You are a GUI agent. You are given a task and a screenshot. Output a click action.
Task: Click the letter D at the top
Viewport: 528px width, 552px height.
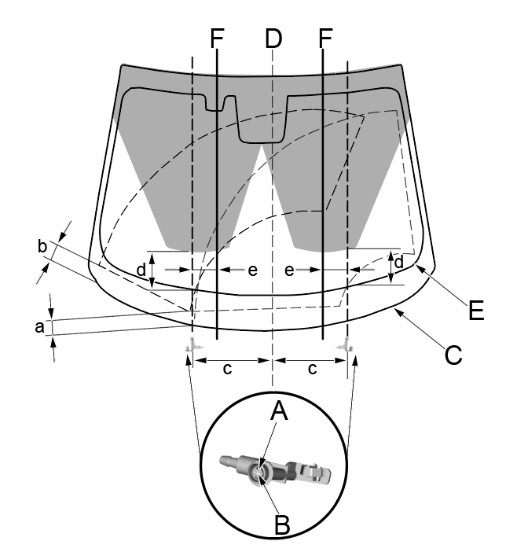pyautogui.click(x=273, y=37)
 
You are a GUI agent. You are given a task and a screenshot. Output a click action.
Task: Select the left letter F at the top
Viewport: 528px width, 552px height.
pyautogui.click(x=218, y=37)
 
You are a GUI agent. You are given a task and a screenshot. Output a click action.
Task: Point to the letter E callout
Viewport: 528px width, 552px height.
pyautogui.click(x=474, y=310)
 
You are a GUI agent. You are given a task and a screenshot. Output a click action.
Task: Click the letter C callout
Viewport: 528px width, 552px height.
pyautogui.click(x=453, y=355)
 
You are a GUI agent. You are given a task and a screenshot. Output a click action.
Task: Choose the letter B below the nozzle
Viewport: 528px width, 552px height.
pyautogui.click(x=280, y=524)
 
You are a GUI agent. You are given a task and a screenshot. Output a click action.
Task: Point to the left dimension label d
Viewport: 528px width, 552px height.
pyautogui.click(x=141, y=269)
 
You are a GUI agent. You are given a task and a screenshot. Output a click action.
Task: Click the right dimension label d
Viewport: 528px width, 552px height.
pyautogui.click(x=399, y=260)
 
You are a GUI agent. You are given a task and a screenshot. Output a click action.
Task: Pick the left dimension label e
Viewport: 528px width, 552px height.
pyautogui.click(x=252, y=270)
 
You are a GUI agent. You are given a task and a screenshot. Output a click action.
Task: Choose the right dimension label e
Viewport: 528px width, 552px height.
pyautogui.click(x=290, y=270)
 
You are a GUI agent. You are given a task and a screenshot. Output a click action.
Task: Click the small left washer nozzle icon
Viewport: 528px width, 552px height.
pyautogui.click(x=191, y=346)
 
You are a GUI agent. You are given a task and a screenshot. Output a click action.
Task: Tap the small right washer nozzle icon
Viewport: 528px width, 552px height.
pyautogui.click(x=346, y=346)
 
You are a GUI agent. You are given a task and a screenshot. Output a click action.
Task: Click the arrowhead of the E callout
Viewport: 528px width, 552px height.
pyautogui.click(x=418, y=267)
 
